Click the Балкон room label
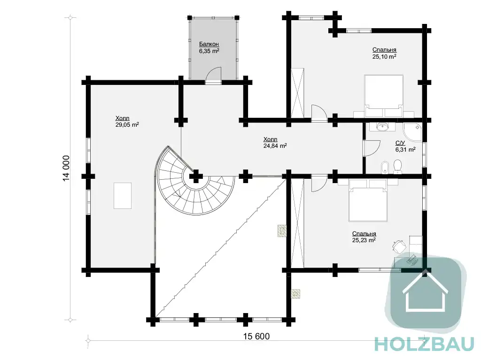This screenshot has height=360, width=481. tap(209, 44)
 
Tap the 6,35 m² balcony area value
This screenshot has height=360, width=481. tap(209, 51)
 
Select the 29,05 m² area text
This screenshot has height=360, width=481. tap(127, 125)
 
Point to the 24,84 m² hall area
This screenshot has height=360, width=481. tap(275, 146)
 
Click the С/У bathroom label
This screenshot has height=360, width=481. tap(400, 143)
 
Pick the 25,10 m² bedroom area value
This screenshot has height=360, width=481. tap(384, 56)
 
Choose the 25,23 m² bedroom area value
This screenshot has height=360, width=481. tap(364, 240)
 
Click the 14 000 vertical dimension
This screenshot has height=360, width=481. tap(66, 169)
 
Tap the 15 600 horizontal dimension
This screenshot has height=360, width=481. tap(256, 337)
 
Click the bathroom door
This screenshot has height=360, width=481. tap(372, 148)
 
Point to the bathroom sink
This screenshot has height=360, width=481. tap(382, 126)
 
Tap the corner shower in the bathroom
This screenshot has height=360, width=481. tap(412, 132)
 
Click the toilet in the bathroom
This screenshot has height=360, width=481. tap(397, 167)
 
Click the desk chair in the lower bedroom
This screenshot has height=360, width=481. tap(399, 246)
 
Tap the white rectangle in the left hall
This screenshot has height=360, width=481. tap(123, 196)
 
